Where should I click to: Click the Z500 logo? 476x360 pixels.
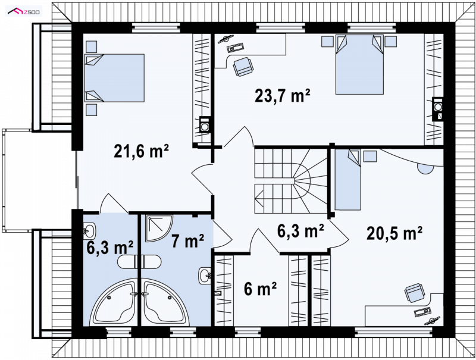(x=24, y=11)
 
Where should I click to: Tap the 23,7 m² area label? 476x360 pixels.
(x=282, y=95)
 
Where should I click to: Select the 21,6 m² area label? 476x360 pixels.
(x=141, y=151)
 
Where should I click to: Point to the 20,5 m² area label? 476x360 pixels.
(x=394, y=233)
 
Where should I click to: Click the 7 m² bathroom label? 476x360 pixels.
(x=187, y=241)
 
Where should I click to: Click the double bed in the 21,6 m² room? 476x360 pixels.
(x=114, y=78)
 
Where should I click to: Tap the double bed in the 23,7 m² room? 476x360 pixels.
(x=359, y=64)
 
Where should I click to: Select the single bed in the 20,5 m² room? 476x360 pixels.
(x=348, y=179)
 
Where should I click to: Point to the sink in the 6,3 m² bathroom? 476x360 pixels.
(x=89, y=231)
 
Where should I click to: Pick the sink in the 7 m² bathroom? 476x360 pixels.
(x=205, y=276)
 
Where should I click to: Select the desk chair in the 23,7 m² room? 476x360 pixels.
(x=242, y=66)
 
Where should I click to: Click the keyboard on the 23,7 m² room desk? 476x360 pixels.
(x=236, y=47)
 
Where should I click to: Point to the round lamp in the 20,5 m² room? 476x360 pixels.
(x=425, y=168)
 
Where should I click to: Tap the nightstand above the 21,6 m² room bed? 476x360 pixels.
(x=92, y=47)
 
